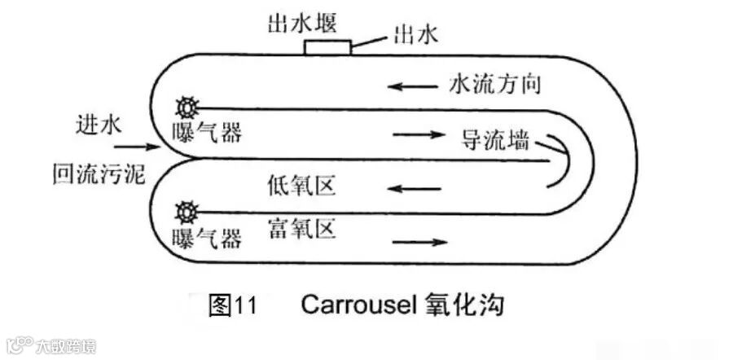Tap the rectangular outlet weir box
tap(328, 47)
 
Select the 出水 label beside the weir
tap(415, 34)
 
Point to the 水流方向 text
tap(494, 83)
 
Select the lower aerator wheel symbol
tap(186, 213)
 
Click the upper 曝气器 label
tap(208, 132)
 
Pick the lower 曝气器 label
tap(208, 238)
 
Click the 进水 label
tap(99, 125)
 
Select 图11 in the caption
tap(233, 305)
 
